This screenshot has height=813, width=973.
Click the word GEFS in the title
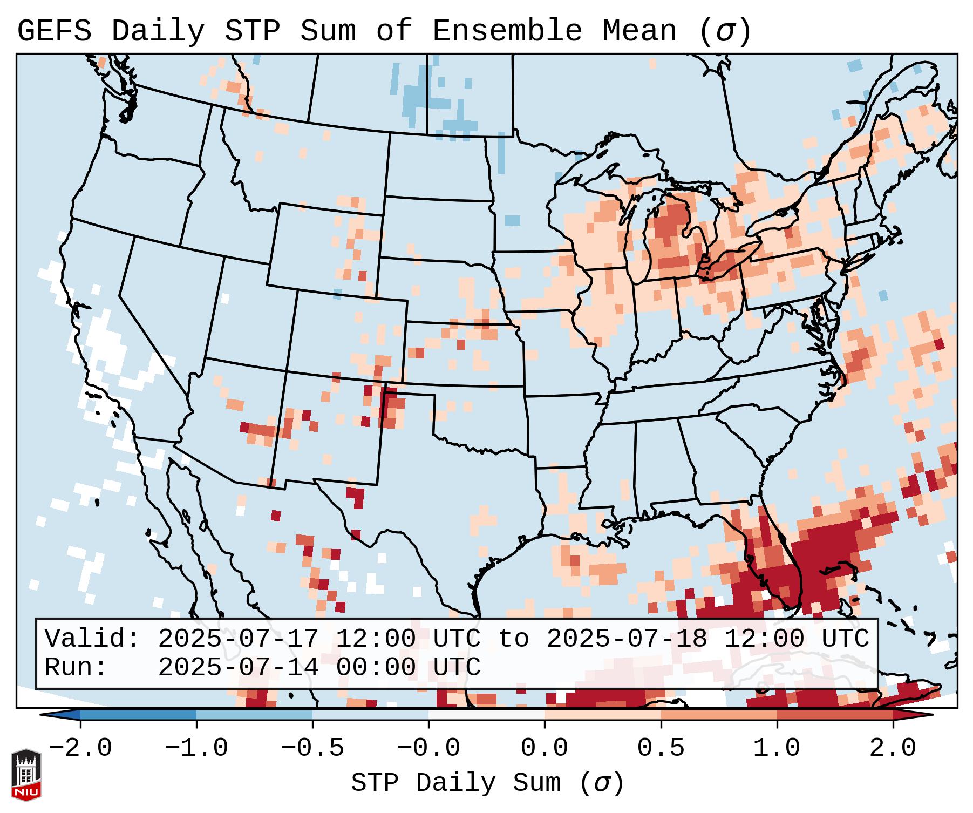click(54, 31)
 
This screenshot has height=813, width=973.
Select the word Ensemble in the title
click(507, 31)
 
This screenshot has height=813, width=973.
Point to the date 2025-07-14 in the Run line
click(238, 667)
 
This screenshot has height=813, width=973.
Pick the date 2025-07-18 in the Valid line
click(627, 639)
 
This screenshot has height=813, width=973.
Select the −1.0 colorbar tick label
click(196, 748)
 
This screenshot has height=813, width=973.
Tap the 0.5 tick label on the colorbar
click(661, 748)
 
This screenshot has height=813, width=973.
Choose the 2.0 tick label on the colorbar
click(893, 748)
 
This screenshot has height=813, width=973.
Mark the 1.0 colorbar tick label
click(777, 748)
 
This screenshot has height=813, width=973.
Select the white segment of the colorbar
click(486, 715)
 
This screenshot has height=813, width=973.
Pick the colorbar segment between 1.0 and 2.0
click(835, 715)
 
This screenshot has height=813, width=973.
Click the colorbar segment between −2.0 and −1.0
click(138, 715)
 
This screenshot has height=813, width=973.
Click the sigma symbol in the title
click(725, 31)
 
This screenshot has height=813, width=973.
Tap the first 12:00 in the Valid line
click(376, 639)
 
